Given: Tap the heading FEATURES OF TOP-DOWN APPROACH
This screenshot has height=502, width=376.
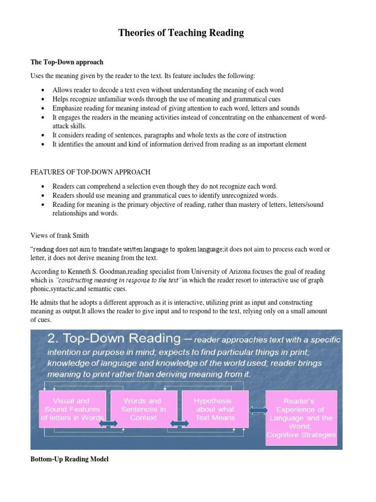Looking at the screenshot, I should tap(90, 172).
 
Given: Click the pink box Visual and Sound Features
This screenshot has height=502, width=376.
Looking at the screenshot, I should tap(72, 409).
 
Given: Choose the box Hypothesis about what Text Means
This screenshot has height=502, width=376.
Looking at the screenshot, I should tap(214, 409).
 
